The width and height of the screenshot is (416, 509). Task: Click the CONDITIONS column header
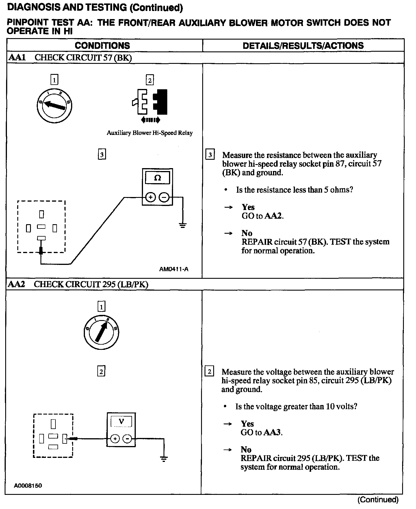102,46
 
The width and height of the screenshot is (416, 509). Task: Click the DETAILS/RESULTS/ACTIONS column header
303,46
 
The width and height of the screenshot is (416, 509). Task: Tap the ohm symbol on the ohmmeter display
157,178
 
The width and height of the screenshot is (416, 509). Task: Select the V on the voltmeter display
121,421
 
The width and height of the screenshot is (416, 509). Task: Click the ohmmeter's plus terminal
150,197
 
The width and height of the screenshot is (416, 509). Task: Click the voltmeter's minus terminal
127,439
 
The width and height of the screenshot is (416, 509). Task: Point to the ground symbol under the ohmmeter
183,225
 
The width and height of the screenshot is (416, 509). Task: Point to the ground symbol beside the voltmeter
164,459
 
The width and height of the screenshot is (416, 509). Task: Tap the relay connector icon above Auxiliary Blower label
150,101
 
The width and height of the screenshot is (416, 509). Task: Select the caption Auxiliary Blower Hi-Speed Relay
150,133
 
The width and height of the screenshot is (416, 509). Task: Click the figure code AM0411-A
174,269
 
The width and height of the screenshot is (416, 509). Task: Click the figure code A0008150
28,486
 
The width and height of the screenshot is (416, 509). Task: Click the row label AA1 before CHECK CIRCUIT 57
17,57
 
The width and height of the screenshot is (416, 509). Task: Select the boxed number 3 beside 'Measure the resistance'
210,155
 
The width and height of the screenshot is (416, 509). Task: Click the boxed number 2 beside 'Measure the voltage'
209,371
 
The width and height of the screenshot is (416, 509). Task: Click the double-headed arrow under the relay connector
150,120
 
